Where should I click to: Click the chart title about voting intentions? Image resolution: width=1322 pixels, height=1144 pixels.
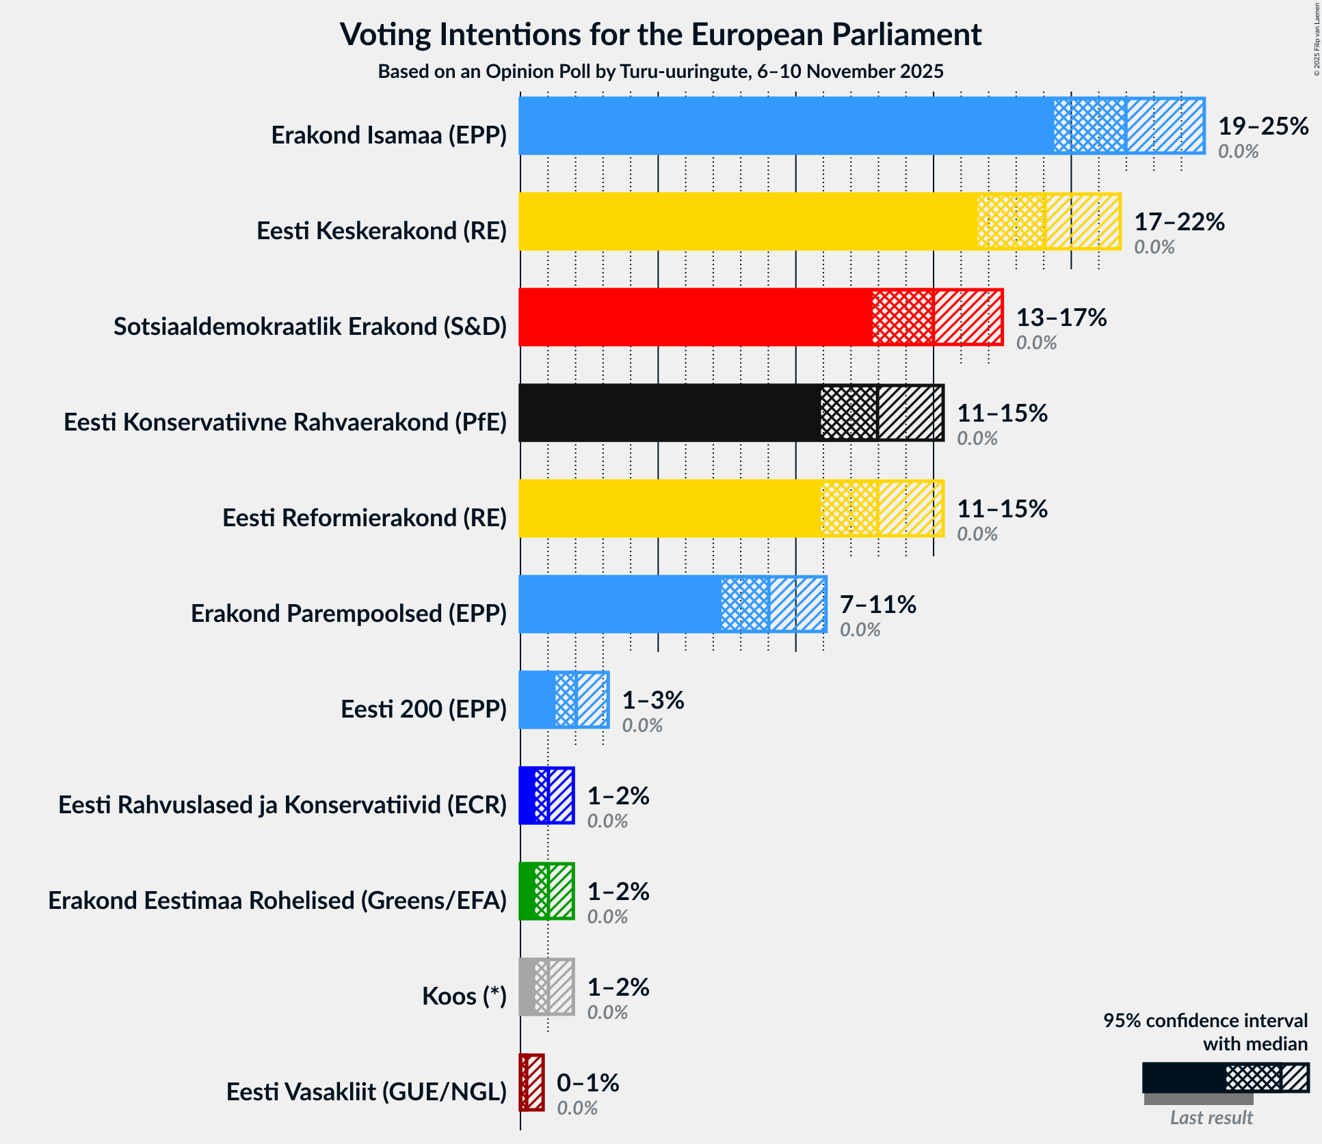point(661,34)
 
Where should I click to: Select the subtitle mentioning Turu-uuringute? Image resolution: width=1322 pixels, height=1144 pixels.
point(661,72)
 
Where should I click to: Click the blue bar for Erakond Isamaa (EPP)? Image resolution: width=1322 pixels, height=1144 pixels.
point(786,126)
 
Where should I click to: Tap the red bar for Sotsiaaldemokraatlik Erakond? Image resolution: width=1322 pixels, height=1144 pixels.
point(694,317)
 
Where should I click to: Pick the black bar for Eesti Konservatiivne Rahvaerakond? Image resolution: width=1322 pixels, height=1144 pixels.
point(670,413)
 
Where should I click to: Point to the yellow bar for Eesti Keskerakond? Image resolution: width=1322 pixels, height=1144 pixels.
point(745,221)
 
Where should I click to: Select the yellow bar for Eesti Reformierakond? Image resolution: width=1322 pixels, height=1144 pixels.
point(670,508)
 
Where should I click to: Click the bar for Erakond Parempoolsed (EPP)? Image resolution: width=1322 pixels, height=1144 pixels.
point(619,604)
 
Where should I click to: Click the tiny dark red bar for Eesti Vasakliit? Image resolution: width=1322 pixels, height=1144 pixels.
point(532,1082)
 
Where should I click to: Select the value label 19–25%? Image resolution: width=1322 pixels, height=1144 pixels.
point(1263,126)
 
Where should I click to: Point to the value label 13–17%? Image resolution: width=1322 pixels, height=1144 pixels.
point(1061,318)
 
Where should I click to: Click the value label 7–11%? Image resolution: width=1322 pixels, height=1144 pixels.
point(877,605)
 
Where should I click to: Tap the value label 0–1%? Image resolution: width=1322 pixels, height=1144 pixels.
point(587,1083)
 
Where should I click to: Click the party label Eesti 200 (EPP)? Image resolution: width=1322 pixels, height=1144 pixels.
point(423,709)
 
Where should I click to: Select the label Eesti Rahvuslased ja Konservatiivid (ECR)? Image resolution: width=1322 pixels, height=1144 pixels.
point(282,805)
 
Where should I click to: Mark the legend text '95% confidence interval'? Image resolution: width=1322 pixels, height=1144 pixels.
point(1205,1021)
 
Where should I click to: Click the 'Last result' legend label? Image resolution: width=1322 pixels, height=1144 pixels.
point(1211,1117)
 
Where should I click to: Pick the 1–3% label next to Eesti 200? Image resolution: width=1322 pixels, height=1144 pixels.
point(652,700)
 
